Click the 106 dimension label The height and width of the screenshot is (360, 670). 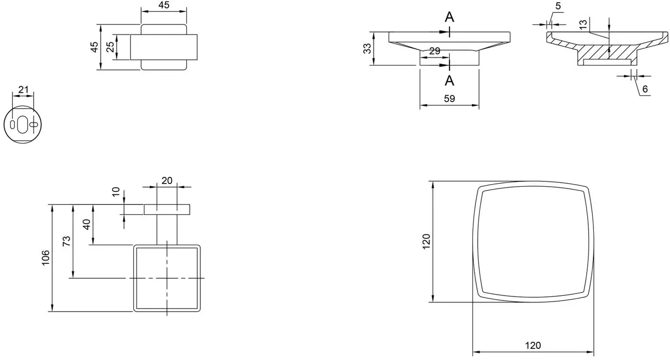(x=45, y=258)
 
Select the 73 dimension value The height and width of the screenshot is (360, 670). (x=67, y=241)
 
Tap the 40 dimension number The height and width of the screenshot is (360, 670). (x=87, y=224)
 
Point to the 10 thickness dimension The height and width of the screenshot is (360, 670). (x=116, y=192)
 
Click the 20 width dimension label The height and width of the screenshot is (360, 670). (x=167, y=180)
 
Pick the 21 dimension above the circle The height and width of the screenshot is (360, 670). (x=23, y=90)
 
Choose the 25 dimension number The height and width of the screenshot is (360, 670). (x=111, y=47)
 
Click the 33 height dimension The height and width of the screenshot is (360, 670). (x=367, y=48)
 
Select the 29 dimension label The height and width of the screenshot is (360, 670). (x=435, y=51)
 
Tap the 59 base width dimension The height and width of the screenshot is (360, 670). (x=449, y=99)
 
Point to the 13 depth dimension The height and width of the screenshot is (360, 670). (x=583, y=24)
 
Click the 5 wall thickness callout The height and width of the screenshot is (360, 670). (x=558, y=6)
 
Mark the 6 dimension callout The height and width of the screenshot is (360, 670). (x=645, y=89)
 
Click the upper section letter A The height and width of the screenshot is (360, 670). (x=449, y=17)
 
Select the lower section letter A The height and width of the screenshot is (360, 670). (x=449, y=80)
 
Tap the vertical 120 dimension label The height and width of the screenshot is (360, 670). (x=426, y=241)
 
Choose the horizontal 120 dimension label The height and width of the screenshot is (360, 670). (x=533, y=346)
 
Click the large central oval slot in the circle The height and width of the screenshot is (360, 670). (x=22, y=124)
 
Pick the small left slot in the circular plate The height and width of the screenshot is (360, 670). (x=12, y=125)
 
